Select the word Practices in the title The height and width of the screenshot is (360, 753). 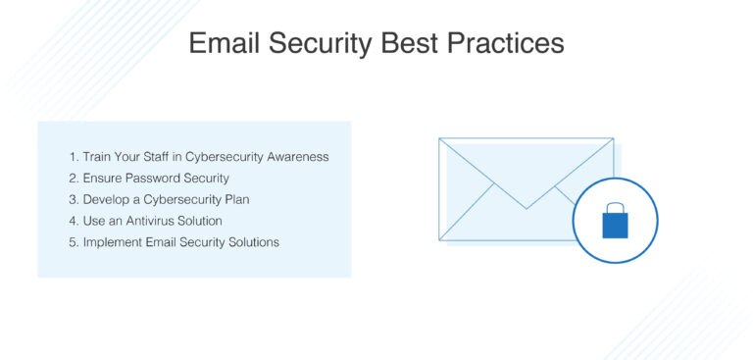click(511, 44)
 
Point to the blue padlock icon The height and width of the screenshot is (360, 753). click(615, 221)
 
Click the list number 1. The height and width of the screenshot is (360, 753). click(73, 157)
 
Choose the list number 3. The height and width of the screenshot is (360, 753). click(73, 200)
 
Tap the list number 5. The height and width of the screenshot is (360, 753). click(73, 242)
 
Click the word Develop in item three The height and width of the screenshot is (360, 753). click(106, 200)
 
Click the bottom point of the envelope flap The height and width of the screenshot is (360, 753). click(527, 208)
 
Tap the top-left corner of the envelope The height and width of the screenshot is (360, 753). click(439, 138)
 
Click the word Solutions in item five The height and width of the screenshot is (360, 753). click(252, 242)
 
